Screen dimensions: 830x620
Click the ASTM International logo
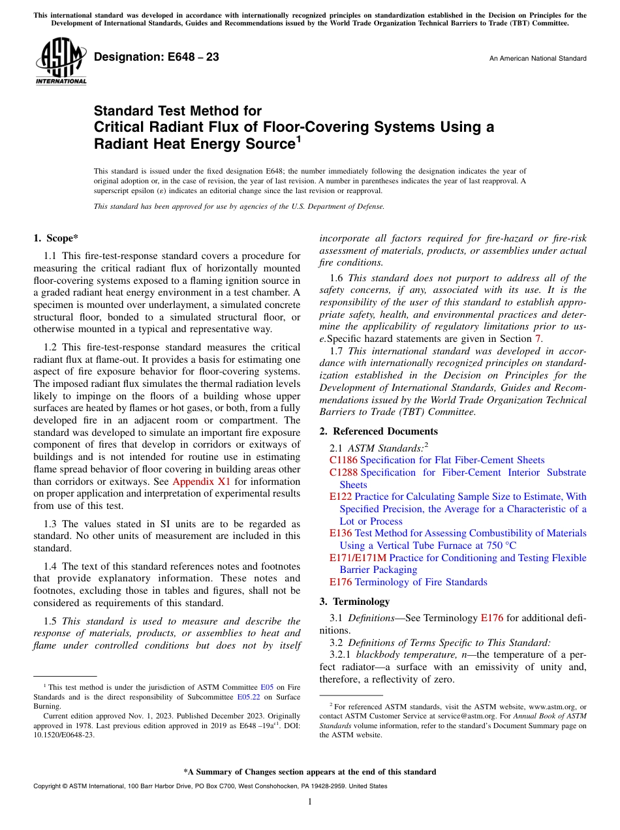[x=61, y=63]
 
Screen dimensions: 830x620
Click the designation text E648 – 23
[x=157, y=57]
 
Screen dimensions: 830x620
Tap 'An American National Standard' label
[x=538, y=59]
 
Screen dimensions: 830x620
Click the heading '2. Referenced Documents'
[x=379, y=431]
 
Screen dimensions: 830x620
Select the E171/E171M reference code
[x=358, y=557]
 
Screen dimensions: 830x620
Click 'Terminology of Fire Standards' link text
[x=421, y=581]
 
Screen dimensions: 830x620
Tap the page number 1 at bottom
[x=310, y=801]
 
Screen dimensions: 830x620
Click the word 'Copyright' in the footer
[x=48, y=786]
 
